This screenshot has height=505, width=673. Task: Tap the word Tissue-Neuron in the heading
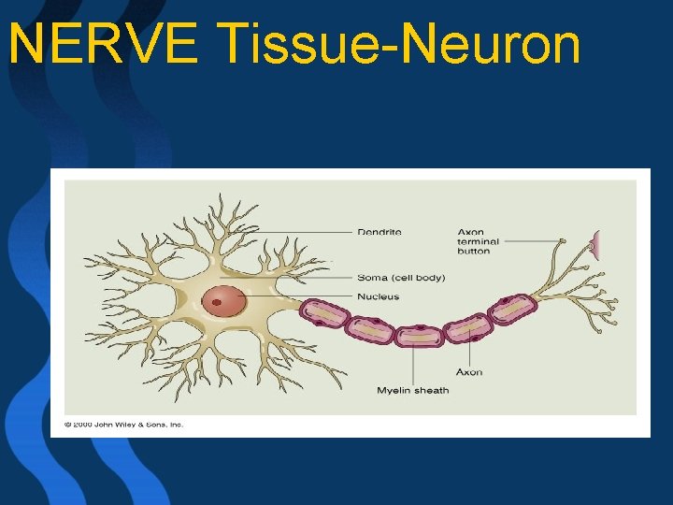(x=398, y=44)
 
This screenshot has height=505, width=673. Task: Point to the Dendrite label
(x=379, y=232)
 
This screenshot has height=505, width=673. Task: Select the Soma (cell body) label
(x=401, y=277)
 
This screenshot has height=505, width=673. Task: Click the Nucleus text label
(x=378, y=296)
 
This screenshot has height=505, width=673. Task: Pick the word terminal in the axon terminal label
(x=479, y=241)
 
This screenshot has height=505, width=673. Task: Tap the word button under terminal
(x=474, y=251)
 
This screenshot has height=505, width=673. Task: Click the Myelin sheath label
(x=413, y=390)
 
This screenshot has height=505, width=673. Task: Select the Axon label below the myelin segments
(x=469, y=371)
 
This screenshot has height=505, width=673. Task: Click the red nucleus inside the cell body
(x=224, y=302)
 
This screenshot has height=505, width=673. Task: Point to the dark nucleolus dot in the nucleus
(x=217, y=302)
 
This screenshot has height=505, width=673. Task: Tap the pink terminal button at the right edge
(x=593, y=246)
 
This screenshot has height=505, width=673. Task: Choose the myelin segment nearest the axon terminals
(x=511, y=310)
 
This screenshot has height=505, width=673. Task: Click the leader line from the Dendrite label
(x=299, y=233)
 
